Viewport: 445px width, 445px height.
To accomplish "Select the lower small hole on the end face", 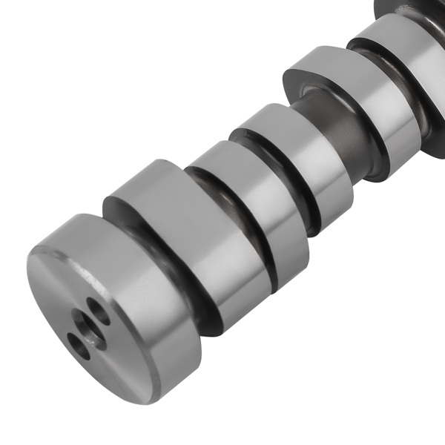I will [78, 346].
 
